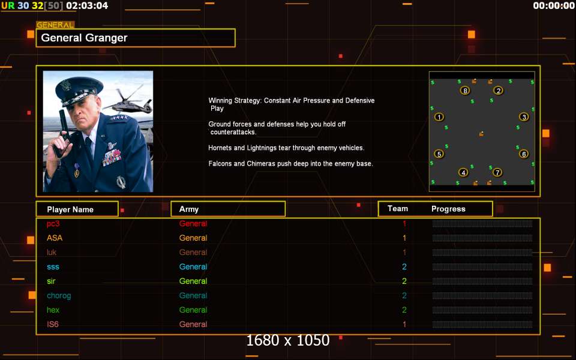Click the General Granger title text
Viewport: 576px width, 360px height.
click(x=84, y=38)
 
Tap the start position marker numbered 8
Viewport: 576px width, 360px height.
click(x=465, y=91)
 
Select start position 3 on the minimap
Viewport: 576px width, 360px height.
click(x=524, y=117)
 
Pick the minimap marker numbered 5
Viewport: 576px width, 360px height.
click(x=439, y=154)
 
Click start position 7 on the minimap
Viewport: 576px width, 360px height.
click(x=497, y=172)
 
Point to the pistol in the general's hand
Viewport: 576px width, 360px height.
click(x=62, y=132)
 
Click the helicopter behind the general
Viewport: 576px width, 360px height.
click(x=128, y=100)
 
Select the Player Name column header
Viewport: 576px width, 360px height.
click(x=70, y=209)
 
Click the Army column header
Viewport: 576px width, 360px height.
click(x=189, y=209)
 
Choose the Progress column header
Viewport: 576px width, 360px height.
click(x=448, y=209)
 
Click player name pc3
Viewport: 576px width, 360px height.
click(x=53, y=224)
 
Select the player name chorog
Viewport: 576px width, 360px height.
click(x=59, y=296)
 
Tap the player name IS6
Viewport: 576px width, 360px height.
click(x=53, y=325)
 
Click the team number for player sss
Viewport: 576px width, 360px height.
click(x=404, y=266)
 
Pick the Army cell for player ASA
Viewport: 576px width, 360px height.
click(x=193, y=238)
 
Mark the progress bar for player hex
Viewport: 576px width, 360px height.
click(x=482, y=310)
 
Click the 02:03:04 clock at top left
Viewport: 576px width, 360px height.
click(x=87, y=5)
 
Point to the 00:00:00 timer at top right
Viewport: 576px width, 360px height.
click(x=554, y=5)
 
